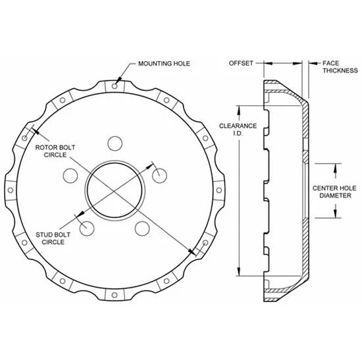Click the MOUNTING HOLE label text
point(164,64)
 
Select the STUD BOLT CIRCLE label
point(55,238)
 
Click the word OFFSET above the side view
point(241,64)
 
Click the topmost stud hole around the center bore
point(115,143)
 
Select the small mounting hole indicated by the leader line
point(115,85)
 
